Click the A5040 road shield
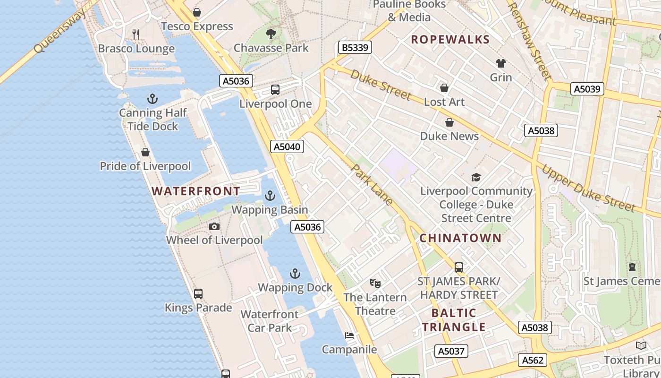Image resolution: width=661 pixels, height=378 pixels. [287, 146]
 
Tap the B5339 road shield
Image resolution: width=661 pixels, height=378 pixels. [355, 47]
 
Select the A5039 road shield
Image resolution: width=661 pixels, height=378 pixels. [587, 89]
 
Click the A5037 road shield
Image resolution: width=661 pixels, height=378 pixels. [451, 351]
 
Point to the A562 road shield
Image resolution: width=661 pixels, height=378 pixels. [533, 360]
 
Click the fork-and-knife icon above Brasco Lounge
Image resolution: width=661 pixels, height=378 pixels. [136, 34]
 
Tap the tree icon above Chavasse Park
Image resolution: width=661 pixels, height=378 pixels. [271, 34]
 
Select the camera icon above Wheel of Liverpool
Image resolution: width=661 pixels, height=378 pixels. [214, 226]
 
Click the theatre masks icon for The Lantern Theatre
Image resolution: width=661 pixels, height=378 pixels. [375, 283]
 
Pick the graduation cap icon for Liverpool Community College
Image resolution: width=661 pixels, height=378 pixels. [476, 178]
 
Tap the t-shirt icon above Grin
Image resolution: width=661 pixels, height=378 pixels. [501, 63]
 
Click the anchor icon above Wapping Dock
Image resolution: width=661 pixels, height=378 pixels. [295, 274]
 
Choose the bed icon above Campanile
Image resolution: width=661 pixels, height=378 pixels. [349, 335]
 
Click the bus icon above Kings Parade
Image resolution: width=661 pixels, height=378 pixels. [198, 294]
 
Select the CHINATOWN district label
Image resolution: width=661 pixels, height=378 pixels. [460, 238]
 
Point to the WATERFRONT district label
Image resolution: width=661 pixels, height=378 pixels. [195, 191]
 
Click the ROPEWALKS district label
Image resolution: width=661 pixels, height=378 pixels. [450, 40]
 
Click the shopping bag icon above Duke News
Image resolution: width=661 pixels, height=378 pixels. [449, 122]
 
